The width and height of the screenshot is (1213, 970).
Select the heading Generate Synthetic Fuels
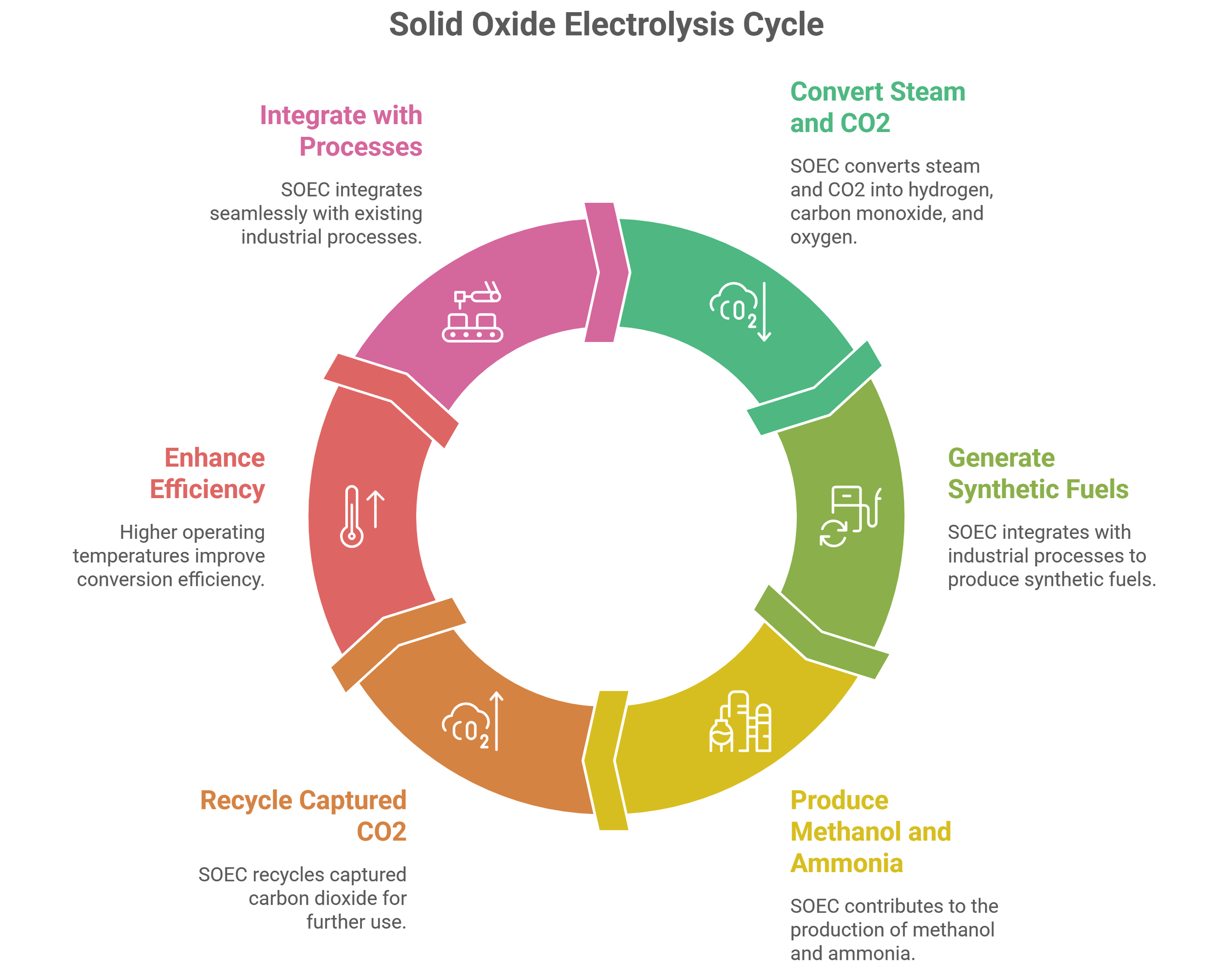[1037, 473]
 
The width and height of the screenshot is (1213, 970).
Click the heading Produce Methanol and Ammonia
[870, 831]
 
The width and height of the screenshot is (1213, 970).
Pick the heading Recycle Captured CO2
[304, 815]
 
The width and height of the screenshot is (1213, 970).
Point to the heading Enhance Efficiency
[208, 473]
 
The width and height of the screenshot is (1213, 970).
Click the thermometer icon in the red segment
[352, 516]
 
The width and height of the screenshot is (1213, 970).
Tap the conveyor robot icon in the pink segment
[473, 311]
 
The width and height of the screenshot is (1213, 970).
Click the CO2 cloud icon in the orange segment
[466, 726]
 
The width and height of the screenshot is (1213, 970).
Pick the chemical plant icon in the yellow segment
[740, 722]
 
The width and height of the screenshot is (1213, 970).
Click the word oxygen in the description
[822, 237]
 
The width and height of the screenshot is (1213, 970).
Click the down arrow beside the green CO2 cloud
[764, 312]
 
